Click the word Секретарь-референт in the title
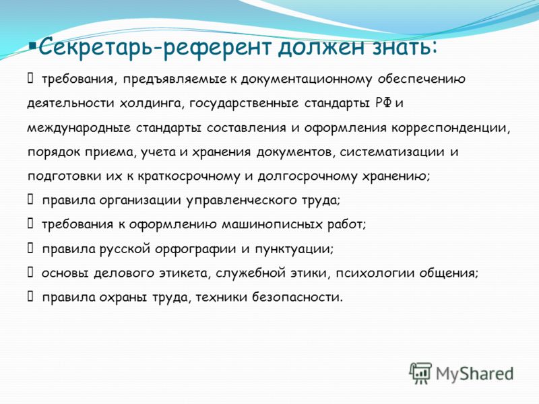pyautogui.click(x=156, y=48)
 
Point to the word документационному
pyautogui.click(x=306, y=79)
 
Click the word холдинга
pyautogui.click(x=150, y=104)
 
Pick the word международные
pyautogui.click(x=79, y=128)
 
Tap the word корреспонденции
pyautogui.click(x=451, y=128)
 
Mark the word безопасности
pyautogui.click(x=297, y=297)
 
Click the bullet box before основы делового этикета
pyautogui.click(x=30, y=273)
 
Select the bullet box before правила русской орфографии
pyautogui.click(x=30, y=248)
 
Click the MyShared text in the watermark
pyautogui.click(x=475, y=374)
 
